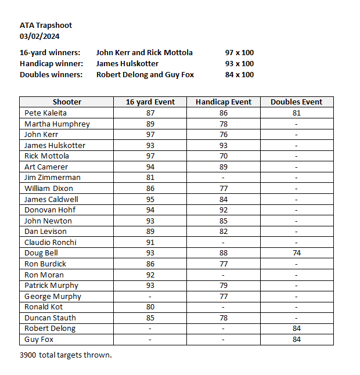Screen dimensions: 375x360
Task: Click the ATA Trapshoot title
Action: click(46, 26)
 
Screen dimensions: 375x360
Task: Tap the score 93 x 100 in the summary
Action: click(239, 64)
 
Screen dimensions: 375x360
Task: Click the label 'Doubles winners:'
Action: click(51, 75)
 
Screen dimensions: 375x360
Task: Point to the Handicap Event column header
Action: click(224, 102)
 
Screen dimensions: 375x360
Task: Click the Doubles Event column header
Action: click(296, 102)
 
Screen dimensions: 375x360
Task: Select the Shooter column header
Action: click(67, 102)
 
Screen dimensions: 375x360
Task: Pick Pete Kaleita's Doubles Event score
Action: click(296, 113)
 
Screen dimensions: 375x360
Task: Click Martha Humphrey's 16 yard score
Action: click(150, 124)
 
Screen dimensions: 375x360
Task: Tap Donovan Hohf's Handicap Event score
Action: click(224, 210)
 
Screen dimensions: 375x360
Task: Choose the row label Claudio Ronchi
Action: click(51, 242)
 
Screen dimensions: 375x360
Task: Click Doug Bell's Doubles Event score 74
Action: click(296, 253)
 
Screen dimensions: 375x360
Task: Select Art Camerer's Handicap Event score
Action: click(224, 167)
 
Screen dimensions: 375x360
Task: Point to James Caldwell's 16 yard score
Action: click(150, 199)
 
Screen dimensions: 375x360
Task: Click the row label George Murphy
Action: click(53, 296)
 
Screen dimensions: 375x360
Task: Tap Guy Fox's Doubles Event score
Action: click(296, 340)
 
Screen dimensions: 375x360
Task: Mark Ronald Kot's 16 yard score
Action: click(150, 307)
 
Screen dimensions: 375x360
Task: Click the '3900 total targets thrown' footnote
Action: click(66, 355)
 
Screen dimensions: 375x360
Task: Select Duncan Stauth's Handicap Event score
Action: click(224, 318)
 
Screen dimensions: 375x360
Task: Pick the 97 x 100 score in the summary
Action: click(239, 53)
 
